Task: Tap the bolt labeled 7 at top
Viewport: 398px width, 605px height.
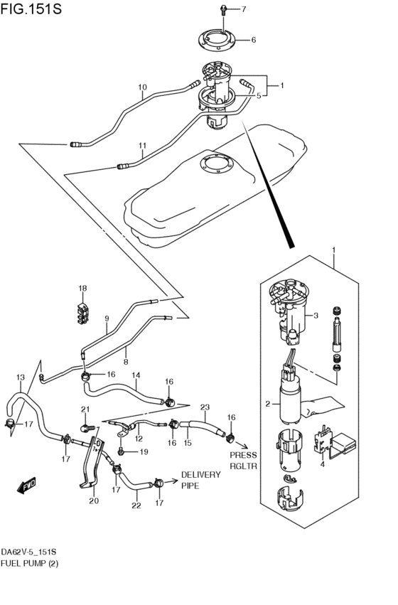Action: coord(224,10)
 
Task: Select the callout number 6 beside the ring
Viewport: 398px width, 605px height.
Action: coord(252,40)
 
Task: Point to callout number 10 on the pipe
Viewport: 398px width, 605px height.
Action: coord(142,89)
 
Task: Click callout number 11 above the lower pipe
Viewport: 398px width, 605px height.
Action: coord(142,147)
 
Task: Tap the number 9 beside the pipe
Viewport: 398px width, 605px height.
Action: coord(107,318)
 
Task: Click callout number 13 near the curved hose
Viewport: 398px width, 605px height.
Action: coord(20,377)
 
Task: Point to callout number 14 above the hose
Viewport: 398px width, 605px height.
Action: coord(136,375)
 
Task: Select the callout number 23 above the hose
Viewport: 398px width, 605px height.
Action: coord(205,407)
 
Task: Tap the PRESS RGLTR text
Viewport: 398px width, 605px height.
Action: coord(242,461)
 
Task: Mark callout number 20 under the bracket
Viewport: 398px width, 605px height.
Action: coord(92,500)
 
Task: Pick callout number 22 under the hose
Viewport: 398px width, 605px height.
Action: coord(136,505)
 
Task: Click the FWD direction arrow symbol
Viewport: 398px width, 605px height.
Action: coord(27,486)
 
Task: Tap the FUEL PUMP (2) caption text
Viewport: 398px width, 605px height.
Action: coord(30,563)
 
